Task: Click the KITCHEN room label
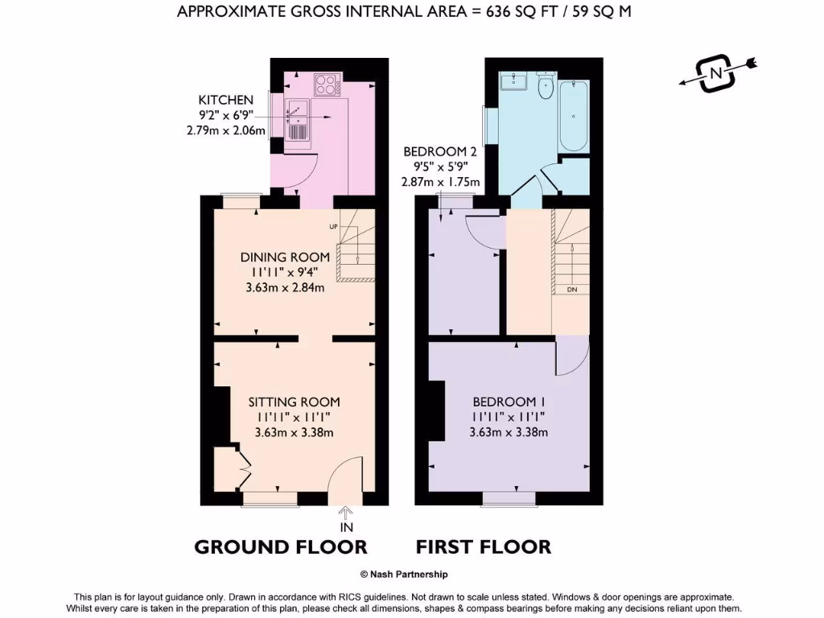tap(226, 100)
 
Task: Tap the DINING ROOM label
tap(285, 257)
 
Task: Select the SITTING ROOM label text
tap(294, 402)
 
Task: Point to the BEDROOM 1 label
tap(509, 402)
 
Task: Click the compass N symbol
tap(715, 75)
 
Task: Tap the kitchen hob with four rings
tap(328, 84)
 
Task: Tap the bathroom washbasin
tap(512, 80)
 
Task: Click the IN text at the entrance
tap(347, 528)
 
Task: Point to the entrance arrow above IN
tap(347, 512)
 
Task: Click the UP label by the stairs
tap(333, 227)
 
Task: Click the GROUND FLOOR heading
tap(281, 547)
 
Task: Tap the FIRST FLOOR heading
tap(483, 547)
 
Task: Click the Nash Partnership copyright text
tap(403, 575)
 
